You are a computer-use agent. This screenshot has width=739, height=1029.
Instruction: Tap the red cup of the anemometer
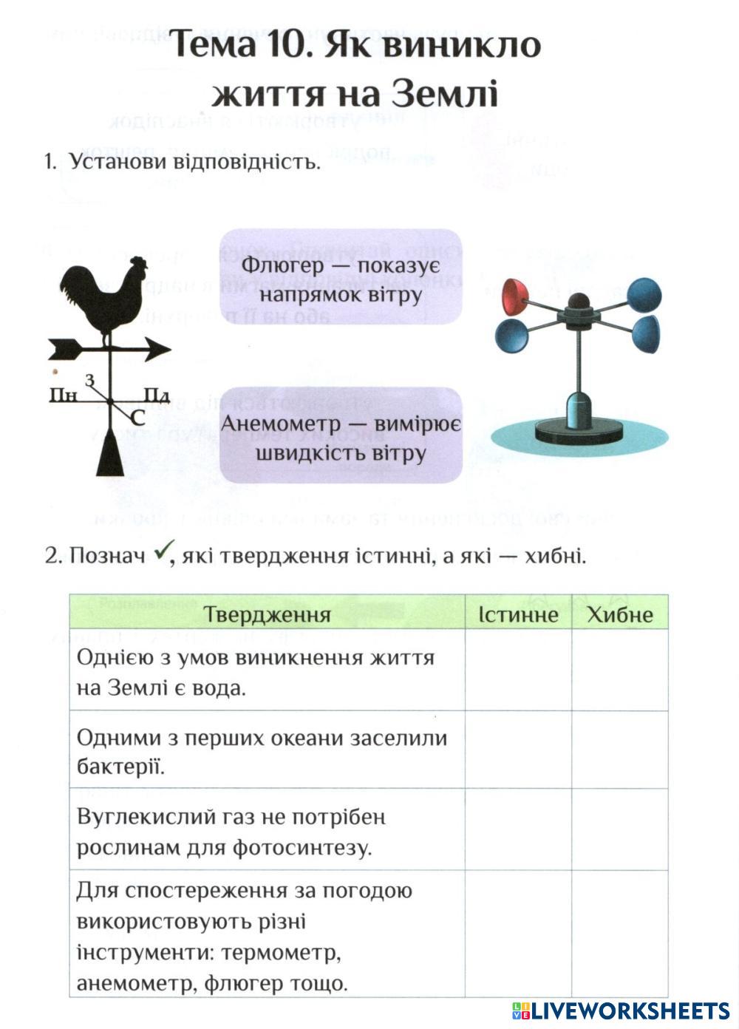(x=514, y=296)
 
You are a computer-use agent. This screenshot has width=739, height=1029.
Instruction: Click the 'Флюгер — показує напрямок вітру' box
(x=341, y=277)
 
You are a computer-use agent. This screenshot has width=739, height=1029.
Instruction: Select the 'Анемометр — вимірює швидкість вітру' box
(x=341, y=436)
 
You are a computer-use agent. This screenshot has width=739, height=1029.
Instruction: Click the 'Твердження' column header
(x=267, y=614)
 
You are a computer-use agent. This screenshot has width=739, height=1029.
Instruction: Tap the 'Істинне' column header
(x=517, y=614)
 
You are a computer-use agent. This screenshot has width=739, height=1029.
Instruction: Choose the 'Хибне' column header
(x=619, y=614)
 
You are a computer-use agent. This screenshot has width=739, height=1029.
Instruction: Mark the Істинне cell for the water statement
(x=517, y=670)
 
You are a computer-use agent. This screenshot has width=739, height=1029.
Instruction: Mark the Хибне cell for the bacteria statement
(x=619, y=750)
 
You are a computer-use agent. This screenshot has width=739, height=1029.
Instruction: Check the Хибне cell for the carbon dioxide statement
(x=619, y=829)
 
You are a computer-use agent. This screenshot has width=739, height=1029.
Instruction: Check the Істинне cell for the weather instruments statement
(x=517, y=934)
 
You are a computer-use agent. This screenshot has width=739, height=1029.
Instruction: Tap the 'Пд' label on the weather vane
(x=157, y=395)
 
